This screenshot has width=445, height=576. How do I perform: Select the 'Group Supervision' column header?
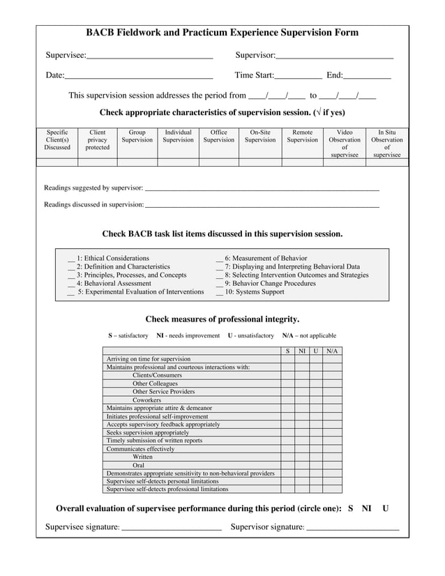(x=137, y=136)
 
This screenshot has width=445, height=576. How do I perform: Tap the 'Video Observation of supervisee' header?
(x=345, y=143)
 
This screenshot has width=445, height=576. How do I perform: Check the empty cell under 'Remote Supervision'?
(x=302, y=162)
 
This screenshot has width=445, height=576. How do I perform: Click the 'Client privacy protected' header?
(x=97, y=139)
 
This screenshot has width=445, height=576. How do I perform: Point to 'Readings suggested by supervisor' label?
(x=93, y=188)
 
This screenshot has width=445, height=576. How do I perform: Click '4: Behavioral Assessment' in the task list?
(x=114, y=284)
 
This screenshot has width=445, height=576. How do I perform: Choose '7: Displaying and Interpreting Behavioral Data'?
(x=292, y=267)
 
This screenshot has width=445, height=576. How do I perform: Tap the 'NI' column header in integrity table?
(x=302, y=351)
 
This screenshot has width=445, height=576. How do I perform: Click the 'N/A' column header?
(x=332, y=351)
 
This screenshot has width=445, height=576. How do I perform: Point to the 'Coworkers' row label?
(x=147, y=400)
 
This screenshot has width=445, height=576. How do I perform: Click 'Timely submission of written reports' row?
(x=154, y=441)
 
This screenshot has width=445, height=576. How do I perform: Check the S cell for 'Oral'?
(x=287, y=465)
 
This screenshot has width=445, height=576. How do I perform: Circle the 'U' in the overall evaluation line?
(x=386, y=508)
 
